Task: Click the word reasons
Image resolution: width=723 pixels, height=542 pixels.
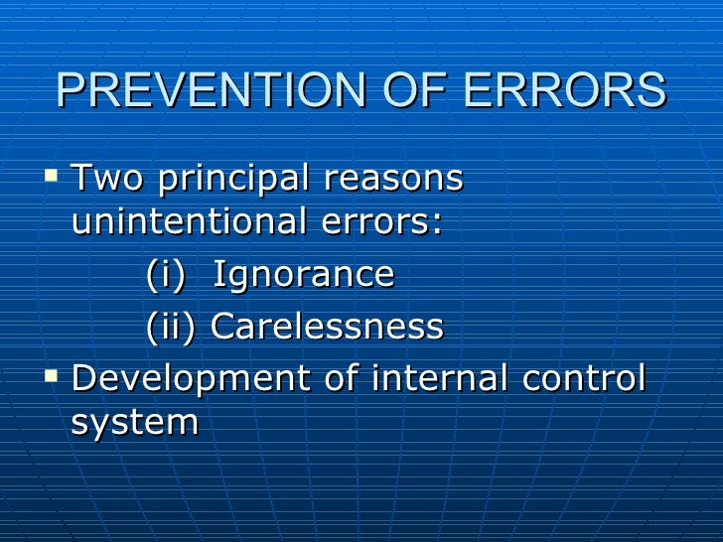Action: click(x=393, y=180)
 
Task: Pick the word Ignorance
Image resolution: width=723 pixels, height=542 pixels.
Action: click(x=304, y=275)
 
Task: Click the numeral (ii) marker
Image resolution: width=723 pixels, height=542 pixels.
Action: click(x=172, y=327)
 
